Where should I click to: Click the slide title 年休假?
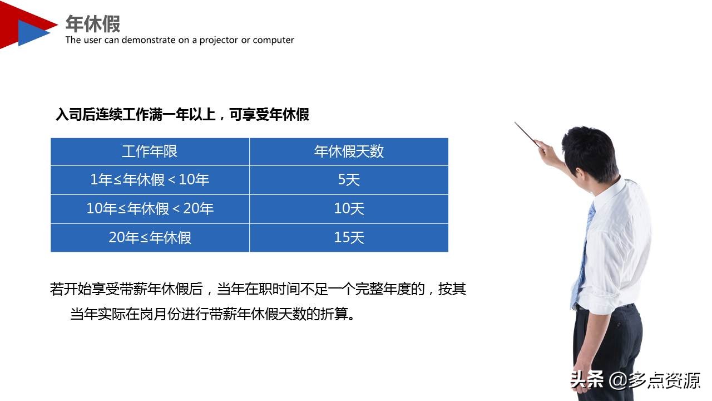(x=93, y=23)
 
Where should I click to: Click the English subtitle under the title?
(x=180, y=40)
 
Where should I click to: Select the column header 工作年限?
(x=150, y=151)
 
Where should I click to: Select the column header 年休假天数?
(x=349, y=151)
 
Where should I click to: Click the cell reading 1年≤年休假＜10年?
(x=150, y=180)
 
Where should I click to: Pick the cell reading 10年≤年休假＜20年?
(x=150, y=209)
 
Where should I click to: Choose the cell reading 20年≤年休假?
(x=150, y=238)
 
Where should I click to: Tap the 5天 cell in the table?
(x=349, y=180)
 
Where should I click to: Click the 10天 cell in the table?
(x=349, y=209)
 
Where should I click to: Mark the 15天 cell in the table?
(x=349, y=238)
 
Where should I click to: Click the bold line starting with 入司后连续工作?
(x=182, y=115)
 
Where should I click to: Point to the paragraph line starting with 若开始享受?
(x=258, y=289)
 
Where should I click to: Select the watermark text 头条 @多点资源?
(x=635, y=380)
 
